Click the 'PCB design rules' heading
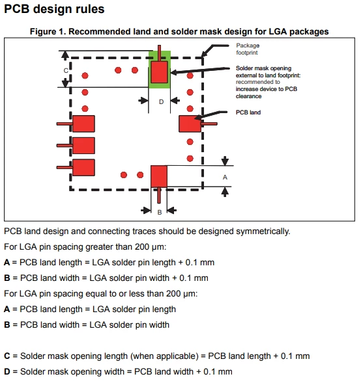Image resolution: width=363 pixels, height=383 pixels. pos(54,9)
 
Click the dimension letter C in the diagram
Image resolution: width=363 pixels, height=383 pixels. pos(66,71)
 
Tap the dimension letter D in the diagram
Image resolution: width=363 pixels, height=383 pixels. pos(161,102)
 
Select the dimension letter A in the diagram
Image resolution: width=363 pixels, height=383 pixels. pos(225,178)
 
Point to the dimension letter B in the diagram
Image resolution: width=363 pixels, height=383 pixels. pos(160,212)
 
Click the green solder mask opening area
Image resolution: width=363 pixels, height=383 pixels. pos(160,70)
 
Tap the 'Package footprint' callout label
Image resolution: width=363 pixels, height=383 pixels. pos(248,49)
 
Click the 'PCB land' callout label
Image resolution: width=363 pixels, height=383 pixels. pos(248,112)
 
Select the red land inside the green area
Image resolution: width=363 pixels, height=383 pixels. pos(159,72)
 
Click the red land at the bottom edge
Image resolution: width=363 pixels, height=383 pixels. pos(159,176)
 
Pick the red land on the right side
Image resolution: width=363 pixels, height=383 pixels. pos(190,124)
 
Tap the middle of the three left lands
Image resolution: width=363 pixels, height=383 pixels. pos(83,146)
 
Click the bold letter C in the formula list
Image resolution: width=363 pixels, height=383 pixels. pos(7,356)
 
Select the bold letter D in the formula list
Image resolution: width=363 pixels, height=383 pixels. pos(7,372)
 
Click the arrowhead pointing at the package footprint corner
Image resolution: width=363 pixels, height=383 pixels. pos(205,54)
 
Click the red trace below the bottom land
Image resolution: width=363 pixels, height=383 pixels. pos(159,195)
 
